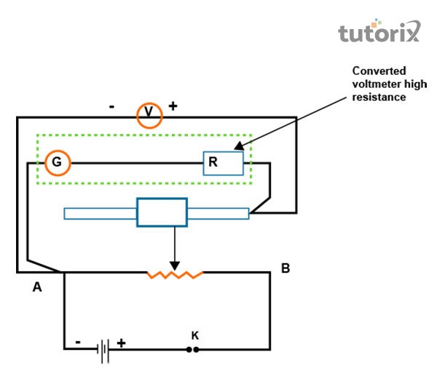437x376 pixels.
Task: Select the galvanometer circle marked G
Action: click(57, 163)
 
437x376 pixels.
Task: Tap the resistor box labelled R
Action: click(222, 163)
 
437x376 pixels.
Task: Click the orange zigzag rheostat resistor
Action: click(175, 274)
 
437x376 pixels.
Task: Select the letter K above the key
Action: click(194, 335)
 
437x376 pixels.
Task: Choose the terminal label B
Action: click(286, 269)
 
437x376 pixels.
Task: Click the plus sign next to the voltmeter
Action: click(173, 106)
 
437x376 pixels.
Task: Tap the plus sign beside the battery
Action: click(122, 342)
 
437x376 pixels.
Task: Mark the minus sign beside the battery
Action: click(78, 341)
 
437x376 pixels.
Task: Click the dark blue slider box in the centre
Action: click(162, 212)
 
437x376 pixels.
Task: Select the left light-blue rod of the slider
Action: click(101, 213)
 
